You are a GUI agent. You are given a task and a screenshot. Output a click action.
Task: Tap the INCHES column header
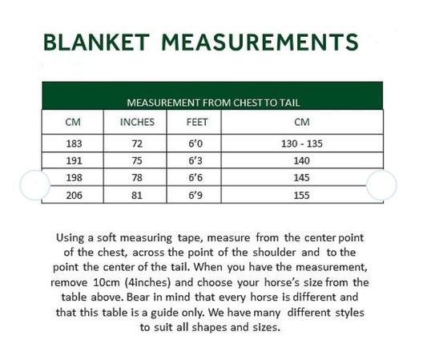coord(137,123)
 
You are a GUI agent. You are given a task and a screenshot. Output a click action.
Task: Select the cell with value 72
coord(137,144)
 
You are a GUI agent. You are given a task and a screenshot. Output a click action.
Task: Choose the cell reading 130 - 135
coord(301,144)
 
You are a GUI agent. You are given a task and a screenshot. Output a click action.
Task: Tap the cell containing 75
coord(137,160)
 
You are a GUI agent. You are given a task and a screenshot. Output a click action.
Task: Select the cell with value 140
coord(301,160)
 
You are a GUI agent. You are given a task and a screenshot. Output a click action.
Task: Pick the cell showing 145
coord(301,177)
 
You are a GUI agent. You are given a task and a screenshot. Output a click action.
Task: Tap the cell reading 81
coord(137,194)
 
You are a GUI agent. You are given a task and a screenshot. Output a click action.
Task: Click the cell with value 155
coord(301,194)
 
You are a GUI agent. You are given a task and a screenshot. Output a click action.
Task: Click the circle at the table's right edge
coord(381,185)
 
